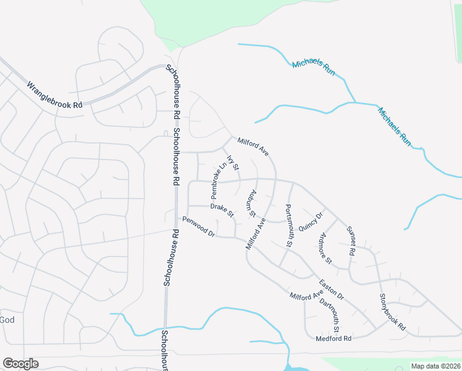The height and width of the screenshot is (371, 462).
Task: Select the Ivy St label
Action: point(233,163)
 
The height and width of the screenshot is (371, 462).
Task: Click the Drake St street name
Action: point(222,210)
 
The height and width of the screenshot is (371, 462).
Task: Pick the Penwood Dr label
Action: point(198,227)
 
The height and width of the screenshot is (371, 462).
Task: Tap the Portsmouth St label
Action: point(288,226)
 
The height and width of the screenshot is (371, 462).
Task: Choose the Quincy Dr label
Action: point(311,221)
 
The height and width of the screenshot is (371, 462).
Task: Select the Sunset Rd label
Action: point(350,241)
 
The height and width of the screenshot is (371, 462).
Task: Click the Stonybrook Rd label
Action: point(393,311)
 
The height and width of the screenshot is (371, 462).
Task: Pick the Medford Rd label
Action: point(334,339)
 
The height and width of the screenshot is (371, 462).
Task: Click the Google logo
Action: point(20,364)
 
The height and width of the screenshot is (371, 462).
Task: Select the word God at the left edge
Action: point(7,320)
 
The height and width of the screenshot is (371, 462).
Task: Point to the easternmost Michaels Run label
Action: point(395,126)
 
